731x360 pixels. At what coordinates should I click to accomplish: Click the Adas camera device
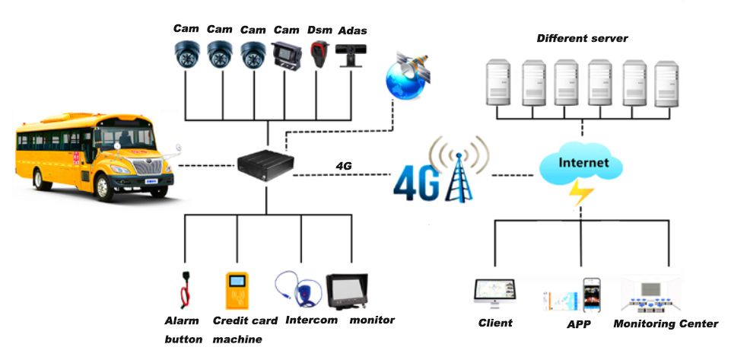(350, 56)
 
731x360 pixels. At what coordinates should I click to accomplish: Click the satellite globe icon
(407, 76)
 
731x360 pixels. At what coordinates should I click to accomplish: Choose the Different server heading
(583, 38)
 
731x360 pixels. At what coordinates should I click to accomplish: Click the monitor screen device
(347, 289)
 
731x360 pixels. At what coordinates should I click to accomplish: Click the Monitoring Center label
(665, 323)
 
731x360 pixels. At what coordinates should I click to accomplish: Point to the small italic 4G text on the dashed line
(343, 164)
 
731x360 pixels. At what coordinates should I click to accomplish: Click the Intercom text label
(311, 320)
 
